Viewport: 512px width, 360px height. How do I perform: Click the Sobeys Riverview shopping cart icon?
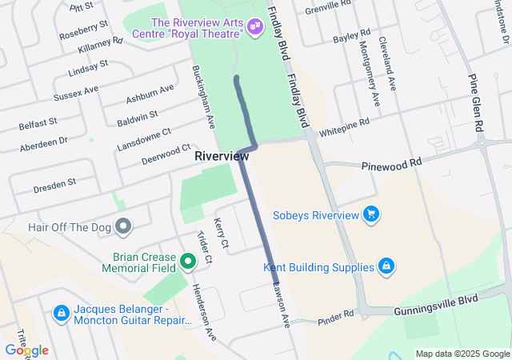point(370,214)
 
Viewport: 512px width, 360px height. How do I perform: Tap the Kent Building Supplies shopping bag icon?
point(386,266)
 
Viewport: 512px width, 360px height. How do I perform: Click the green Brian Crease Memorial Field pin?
point(188,261)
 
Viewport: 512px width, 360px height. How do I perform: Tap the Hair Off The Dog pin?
point(123,227)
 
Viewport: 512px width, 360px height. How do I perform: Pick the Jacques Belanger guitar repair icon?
point(61,312)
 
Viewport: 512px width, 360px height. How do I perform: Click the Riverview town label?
point(222,157)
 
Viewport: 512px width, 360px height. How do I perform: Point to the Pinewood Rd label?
point(391,162)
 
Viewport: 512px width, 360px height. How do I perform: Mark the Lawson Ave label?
point(282,302)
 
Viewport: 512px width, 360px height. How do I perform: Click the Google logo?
point(26,350)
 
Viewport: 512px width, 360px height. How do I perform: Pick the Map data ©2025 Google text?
point(462,354)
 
